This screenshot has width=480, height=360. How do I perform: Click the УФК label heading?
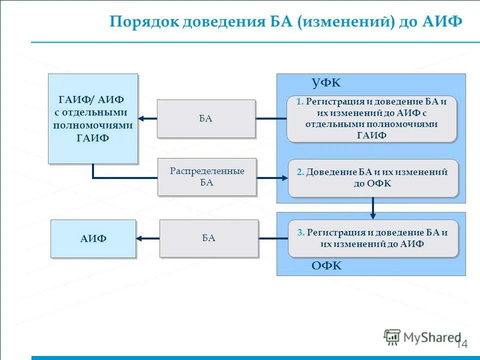[x=325, y=83]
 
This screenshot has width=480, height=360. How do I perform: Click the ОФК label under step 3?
[x=326, y=266]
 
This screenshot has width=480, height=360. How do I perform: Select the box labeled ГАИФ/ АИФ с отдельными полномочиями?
[x=92, y=118]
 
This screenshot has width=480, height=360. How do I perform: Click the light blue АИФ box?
[x=93, y=238]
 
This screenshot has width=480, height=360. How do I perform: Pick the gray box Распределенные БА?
[x=206, y=176]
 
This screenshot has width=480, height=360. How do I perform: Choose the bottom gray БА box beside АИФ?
[x=208, y=238]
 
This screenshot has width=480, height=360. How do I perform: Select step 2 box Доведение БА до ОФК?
[x=372, y=177]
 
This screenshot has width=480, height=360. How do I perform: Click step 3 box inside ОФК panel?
[x=372, y=238]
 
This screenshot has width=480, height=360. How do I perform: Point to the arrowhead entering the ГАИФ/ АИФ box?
[x=141, y=118]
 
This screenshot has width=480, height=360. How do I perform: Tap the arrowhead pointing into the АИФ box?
[x=140, y=238]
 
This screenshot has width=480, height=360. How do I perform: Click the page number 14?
[x=461, y=344]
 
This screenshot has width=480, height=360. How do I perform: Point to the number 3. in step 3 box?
[x=300, y=232]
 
